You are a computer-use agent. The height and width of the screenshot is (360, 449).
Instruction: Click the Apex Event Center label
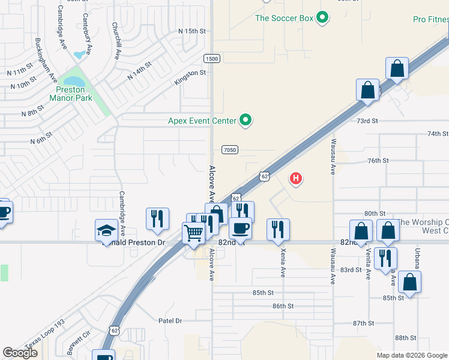(202, 121)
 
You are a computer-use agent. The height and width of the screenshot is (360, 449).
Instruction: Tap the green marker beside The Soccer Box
(323, 18)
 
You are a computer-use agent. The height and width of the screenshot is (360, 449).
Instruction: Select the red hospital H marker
(296, 178)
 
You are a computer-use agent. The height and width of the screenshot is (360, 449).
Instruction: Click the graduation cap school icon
(106, 230)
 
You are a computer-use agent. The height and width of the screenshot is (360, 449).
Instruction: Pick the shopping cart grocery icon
(194, 232)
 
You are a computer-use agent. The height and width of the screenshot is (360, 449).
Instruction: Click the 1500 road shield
(211, 58)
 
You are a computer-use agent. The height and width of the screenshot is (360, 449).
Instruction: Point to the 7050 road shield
(229, 149)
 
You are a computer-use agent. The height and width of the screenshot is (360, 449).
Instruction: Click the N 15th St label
(192, 31)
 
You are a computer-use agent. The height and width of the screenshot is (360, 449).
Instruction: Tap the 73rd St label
(367, 121)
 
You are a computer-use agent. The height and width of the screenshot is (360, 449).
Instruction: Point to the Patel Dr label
(170, 321)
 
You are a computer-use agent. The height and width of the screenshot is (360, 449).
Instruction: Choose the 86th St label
(282, 306)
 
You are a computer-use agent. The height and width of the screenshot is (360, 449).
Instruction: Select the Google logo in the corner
(20, 353)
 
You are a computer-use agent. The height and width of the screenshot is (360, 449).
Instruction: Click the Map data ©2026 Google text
(412, 355)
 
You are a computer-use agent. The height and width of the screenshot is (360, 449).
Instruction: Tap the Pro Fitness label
(430, 20)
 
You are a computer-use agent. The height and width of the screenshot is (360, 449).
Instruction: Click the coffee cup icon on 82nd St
(241, 228)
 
